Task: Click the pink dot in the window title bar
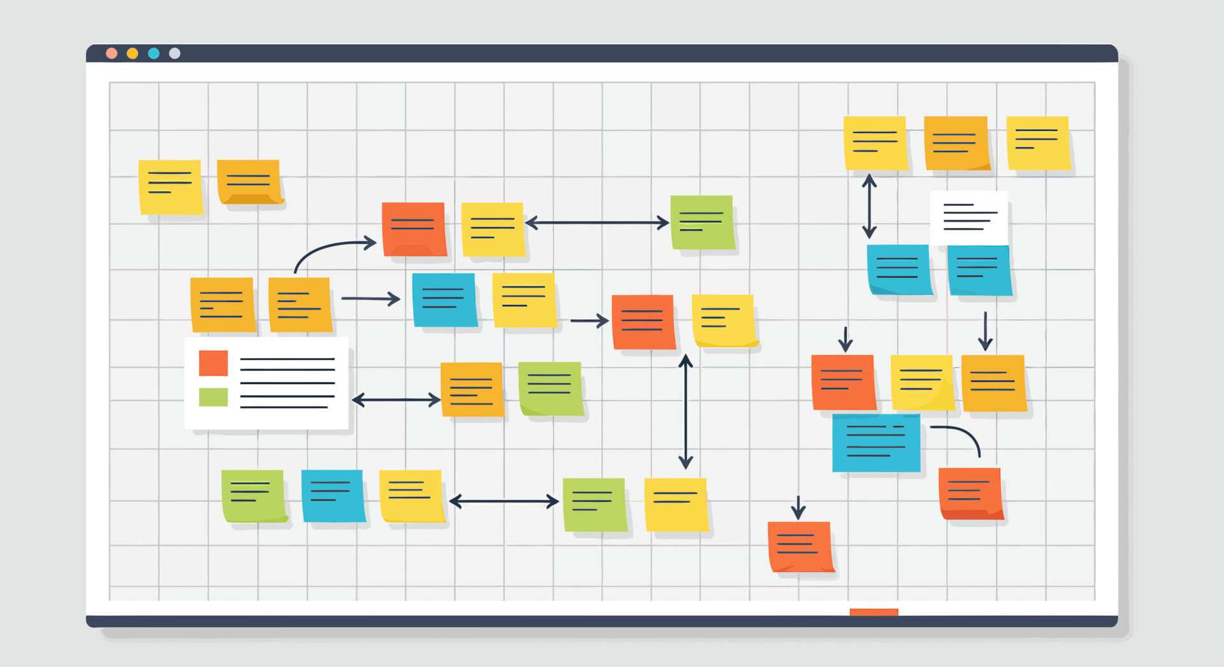(x=112, y=54)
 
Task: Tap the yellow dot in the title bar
(x=133, y=54)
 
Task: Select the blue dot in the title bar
(x=154, y=54)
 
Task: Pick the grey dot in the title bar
(x=175, y=54)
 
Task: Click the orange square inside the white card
(x=213, y=363)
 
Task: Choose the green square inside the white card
(x=213, y=397)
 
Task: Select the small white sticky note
(x=969, y=218)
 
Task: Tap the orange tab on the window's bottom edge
(x=874, y=612)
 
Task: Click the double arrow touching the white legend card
(x=396, y=400)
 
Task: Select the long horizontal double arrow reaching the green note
(x=597, y=223)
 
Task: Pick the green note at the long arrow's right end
(x=702, y=222)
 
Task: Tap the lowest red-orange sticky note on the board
(x=801, y=547)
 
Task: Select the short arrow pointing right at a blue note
(x=370, y=298)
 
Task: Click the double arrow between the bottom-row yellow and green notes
(x=504, y=501)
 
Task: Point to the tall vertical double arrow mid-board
(x=685, y=412)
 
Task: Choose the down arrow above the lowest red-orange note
(x=798, y=508)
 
